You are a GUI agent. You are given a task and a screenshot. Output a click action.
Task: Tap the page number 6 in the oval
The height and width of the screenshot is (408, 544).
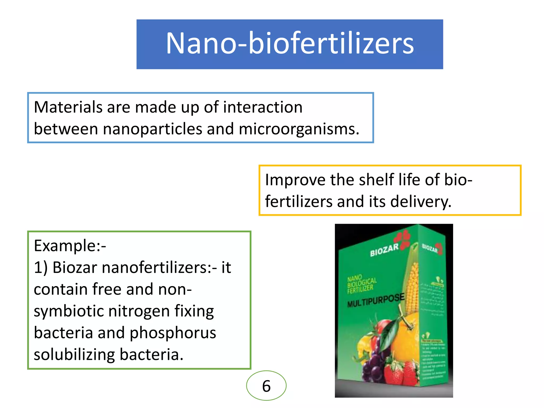(266, 386)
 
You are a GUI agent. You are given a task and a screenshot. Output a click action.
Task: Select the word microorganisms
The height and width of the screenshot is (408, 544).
(299, 129)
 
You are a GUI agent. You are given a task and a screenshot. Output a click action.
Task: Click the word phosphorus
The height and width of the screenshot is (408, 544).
(173, 333)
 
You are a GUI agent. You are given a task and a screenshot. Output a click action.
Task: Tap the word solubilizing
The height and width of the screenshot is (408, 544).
(74, 355)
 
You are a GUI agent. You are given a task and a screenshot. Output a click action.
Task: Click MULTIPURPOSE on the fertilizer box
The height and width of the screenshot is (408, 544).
(376, 300)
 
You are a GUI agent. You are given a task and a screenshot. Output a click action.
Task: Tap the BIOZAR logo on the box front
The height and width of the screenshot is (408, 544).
(384, 250)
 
